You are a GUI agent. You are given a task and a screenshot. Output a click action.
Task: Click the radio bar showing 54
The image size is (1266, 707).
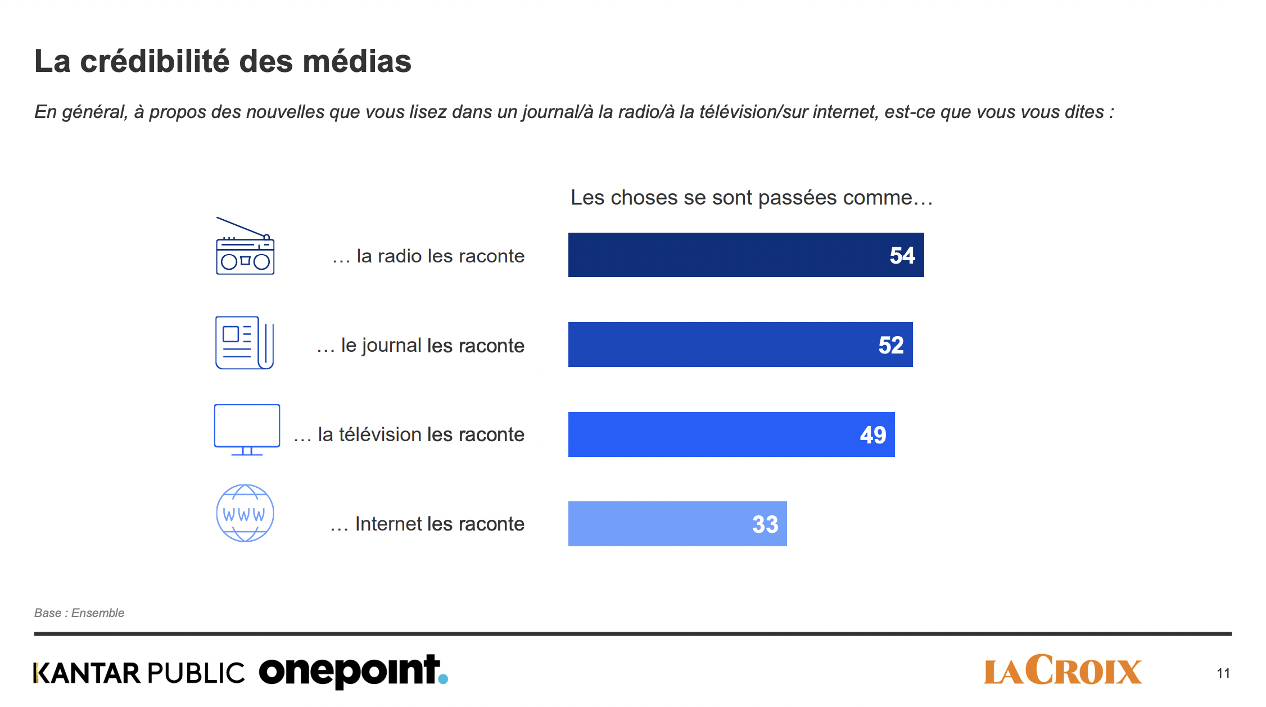(745, 255)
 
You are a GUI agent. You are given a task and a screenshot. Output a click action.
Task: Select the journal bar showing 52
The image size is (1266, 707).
(740, 345)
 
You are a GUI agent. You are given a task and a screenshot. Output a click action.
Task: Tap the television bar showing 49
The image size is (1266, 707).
(731, 434)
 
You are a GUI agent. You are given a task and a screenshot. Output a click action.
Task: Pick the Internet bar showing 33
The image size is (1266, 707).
(677, 524)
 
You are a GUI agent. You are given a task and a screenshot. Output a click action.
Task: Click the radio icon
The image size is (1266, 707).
(245, 247)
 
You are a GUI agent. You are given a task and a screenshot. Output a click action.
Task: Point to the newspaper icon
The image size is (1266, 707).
(245, 343)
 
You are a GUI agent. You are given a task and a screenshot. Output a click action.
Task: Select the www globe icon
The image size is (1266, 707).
(245, 513)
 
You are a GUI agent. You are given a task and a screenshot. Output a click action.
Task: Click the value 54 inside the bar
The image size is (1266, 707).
(902, 256)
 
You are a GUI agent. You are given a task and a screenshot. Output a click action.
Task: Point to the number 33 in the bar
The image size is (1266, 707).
(765, 524)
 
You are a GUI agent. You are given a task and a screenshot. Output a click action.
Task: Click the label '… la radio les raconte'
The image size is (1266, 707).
(428, 256)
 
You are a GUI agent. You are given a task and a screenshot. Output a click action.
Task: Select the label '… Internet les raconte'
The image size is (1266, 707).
(427, 524)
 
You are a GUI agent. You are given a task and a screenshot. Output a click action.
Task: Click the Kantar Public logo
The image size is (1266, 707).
(139, 673)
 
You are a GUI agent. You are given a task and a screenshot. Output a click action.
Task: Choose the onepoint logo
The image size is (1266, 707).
(349, 671)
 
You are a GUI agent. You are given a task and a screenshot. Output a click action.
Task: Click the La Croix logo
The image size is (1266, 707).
(1062, 670)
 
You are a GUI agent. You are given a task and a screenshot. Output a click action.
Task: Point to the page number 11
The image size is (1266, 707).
(1223, 673)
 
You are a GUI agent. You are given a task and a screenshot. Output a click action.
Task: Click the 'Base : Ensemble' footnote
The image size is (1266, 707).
(79, 613)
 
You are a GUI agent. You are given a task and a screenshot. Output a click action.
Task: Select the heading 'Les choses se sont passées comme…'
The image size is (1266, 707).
(752, 198)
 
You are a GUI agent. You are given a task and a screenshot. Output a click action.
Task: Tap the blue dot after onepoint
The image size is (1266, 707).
(443, 679)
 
